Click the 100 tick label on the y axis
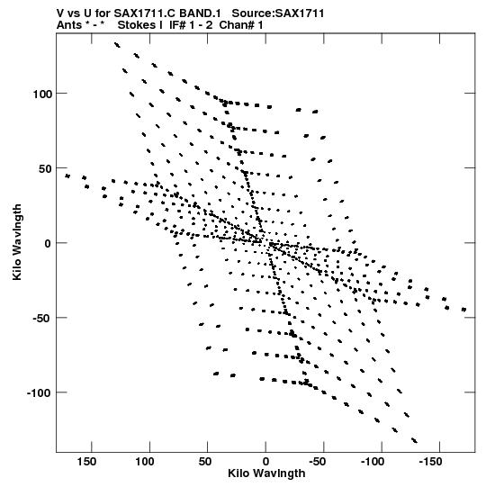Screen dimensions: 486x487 pos(42,94)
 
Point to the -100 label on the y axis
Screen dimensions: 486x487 pos(39,393)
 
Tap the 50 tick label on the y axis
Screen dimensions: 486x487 pos(45,168)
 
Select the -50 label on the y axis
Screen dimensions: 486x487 pos(42,319)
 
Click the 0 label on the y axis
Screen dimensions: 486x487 pos(48,244)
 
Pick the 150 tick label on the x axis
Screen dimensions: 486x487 pos(86,462)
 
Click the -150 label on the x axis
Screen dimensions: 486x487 pos(430,462)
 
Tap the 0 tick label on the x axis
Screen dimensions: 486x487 pos(265,462)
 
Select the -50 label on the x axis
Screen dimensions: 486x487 pos(318,462)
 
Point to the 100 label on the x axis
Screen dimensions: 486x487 pos(145,462)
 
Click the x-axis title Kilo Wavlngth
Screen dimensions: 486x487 pos(266,473)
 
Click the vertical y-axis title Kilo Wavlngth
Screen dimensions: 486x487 pos(17,242)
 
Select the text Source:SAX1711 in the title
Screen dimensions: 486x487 pos(278,14)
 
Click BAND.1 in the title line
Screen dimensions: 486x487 pos(200,14)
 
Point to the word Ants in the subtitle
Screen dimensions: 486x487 pos(69,25)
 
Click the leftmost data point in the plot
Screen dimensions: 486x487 pos(67,176)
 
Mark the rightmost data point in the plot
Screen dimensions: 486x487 pos(463,310)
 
